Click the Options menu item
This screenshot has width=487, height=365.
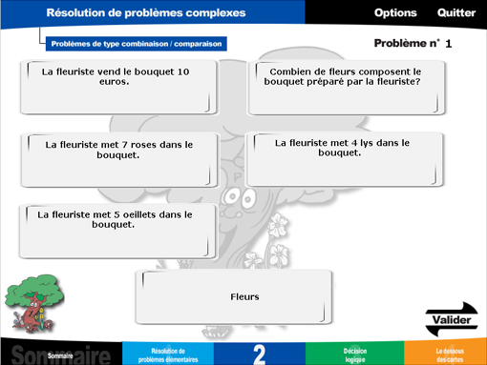[x=395, y=13]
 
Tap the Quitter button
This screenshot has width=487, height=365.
[x=455, y=13]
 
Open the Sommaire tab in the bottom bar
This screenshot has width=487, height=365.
[x=60, y=354]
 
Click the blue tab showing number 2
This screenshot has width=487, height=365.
[x=260, y=354]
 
